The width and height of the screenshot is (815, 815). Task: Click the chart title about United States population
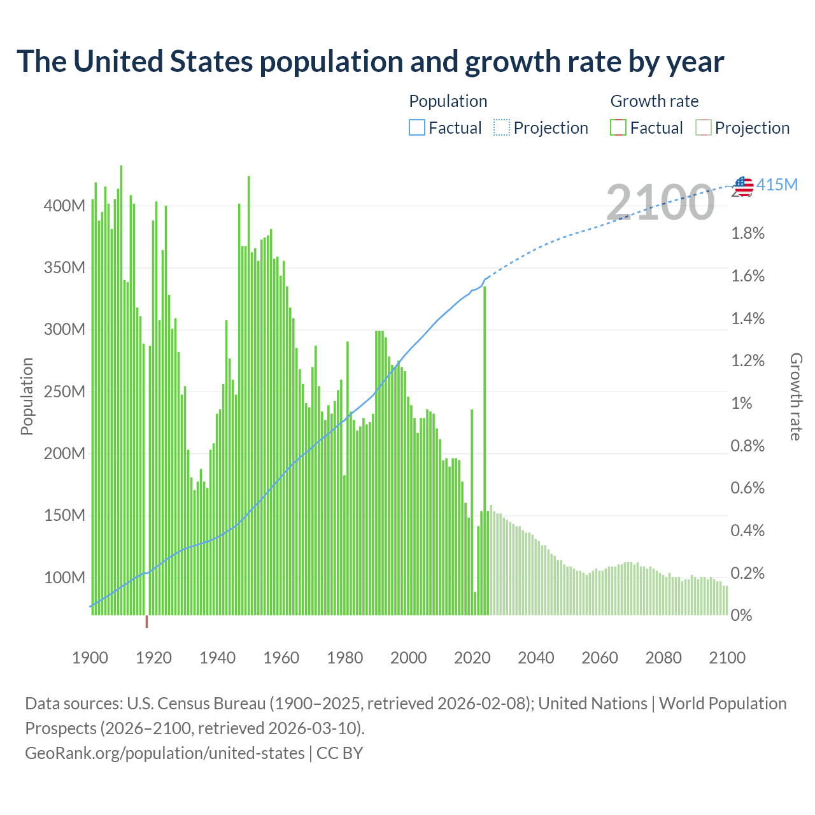coord(370,62)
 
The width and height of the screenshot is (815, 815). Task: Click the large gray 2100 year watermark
coord(660,202)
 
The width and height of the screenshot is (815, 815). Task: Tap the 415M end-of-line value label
coord(777,185)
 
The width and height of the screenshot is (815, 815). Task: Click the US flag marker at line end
coord(744,186)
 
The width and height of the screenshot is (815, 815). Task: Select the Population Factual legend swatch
coord(416,128)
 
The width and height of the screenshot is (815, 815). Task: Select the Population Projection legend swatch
coord(502,128)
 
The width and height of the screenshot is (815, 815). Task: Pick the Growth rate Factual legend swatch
coord(618,128)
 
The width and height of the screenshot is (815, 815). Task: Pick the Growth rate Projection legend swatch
coord(703,128)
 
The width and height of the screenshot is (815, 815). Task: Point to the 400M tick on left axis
coord(64,206)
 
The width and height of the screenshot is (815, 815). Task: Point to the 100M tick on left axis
coord(64,578)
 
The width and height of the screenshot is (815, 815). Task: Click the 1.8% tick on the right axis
coord(748,234)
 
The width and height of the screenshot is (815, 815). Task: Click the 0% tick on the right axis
coord(742,616)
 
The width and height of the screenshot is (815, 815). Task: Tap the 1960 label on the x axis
coord(281,658)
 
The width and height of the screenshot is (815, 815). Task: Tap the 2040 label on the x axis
coord(535,658)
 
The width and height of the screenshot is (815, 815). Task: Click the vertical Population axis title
coord(27,396)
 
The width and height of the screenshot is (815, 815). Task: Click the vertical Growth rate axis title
coord(796,396)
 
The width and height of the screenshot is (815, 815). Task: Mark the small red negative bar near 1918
coord(146,621)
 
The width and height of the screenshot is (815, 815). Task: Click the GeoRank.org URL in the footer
coord(165,753)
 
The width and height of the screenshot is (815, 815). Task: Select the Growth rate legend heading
coord(654,101)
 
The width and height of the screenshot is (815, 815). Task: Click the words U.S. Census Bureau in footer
coord(196,704)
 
